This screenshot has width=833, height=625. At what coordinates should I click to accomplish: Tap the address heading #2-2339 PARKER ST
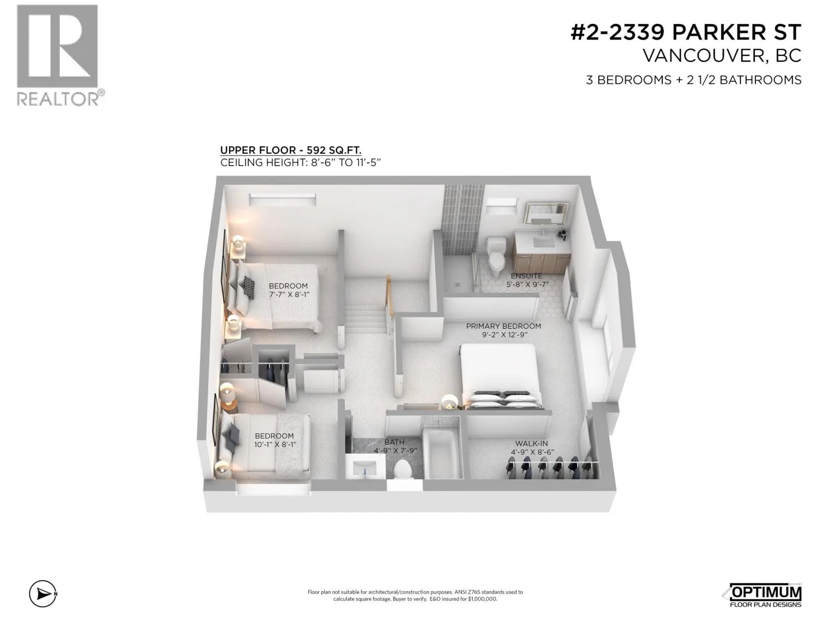[686, 32]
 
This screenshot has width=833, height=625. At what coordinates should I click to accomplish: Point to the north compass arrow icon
[43, 594]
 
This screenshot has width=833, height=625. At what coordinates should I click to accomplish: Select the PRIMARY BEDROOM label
[503, 326]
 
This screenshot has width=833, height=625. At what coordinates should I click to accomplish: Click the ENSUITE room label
[526, 276]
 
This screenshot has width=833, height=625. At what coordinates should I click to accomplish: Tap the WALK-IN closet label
[532, 443]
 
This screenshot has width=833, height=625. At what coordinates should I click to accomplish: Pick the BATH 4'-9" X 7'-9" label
[395, 446]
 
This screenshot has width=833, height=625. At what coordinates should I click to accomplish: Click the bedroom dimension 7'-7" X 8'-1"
[289, 294]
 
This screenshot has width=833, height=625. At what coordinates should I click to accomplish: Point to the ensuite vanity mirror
[547, 213]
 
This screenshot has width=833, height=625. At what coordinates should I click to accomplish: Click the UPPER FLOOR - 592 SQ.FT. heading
[291, 151]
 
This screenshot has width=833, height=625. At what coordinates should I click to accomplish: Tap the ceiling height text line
[300, 162]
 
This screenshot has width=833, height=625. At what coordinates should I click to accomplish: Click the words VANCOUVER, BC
[722, 56]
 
